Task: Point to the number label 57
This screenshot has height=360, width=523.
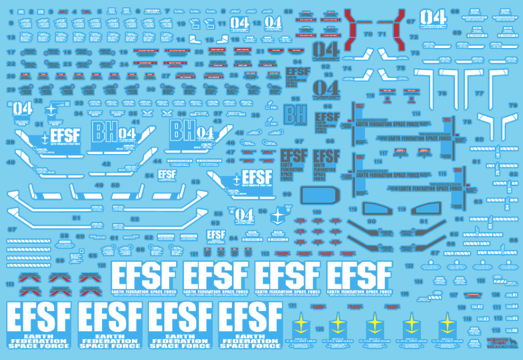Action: [11, 230]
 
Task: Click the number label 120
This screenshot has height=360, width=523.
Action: [102, 264]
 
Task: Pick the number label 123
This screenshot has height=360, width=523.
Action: [320, 328]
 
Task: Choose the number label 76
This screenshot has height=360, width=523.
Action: [442, 93]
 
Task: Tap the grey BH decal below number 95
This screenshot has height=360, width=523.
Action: [295, 116]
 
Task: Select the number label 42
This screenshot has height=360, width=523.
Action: [106, 164]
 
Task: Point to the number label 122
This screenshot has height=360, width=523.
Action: [409, 265]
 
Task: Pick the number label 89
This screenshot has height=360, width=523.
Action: [288, 12]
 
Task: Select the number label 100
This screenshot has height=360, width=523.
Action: [317, 212]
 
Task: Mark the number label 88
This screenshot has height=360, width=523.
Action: [513, 240]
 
